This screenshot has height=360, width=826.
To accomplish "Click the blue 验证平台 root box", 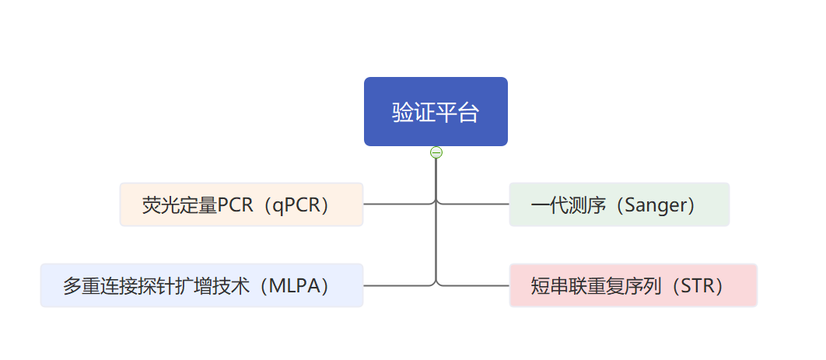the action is [436, 112].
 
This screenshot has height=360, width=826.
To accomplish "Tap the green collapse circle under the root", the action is [436, 152].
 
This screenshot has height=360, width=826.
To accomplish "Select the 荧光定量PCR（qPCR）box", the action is [241, 204].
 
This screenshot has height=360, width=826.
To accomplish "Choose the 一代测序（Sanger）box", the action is [619, 204].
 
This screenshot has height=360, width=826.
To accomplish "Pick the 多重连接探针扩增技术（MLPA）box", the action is [201, 285].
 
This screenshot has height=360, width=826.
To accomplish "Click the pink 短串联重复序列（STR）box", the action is [632, 285].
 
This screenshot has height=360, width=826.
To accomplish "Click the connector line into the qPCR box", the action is [397, 204].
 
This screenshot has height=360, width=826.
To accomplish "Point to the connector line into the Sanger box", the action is [473, 204].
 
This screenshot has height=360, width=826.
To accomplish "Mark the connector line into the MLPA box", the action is [397, 285].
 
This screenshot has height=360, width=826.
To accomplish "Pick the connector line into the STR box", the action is [473, 285].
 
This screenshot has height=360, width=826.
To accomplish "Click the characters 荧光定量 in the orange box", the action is [180, 204].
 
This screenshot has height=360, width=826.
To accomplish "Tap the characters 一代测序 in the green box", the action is [569, 204].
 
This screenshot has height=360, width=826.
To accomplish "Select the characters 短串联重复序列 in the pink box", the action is [597, 286].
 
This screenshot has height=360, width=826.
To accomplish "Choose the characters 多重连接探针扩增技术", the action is [156, 286].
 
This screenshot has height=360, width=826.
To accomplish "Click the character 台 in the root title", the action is [467, 112].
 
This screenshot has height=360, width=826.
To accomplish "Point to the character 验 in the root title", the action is [403, 112].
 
